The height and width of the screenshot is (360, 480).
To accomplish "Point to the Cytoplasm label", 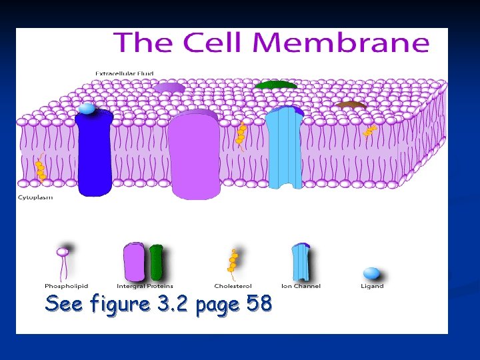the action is [35, 197].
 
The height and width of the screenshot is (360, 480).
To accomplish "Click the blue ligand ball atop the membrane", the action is [86, 109].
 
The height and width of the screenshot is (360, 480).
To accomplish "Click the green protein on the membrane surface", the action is [275, 85].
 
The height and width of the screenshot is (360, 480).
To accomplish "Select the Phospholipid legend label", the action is [62, 286].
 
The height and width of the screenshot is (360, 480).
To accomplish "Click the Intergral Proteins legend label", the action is [145, 286].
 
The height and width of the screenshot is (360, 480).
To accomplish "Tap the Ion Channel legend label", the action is [301, 286].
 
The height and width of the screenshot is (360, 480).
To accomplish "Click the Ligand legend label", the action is [372, 286].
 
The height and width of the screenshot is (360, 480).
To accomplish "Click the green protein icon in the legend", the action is [156, 261].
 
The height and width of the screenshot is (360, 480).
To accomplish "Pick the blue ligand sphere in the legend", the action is [371, 273].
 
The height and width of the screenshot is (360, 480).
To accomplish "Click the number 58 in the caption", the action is [259, 304].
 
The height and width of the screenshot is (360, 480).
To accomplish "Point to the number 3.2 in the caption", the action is [173, 304].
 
